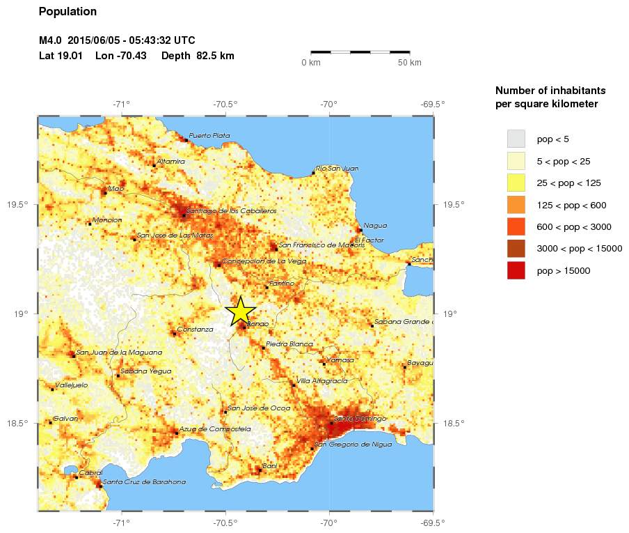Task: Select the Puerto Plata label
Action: [x=209, y=135]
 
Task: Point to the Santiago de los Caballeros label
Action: [x=232, y=210]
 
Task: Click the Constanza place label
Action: [x=195, y=329]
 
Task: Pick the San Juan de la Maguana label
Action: [x=119, y=352]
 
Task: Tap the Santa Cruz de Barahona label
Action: [x=144, y=481]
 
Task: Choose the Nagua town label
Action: [x=375, y=225]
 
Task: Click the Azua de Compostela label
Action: [x=214, y=429]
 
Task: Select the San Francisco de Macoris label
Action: [x=321, y=245]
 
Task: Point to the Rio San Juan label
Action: [x=337, y=168]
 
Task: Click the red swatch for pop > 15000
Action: [x=516, y=270]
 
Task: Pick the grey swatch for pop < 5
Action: [x=516, y=139]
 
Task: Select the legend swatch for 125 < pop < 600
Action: [x=516, y=205]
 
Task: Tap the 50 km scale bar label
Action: [x=410, y=63]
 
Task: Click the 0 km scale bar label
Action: [x=310, y=63]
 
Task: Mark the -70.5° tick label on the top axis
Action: [x=225, y=105]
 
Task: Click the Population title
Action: [x=68, y=11]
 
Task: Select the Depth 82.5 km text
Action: [x=198, y=56]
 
